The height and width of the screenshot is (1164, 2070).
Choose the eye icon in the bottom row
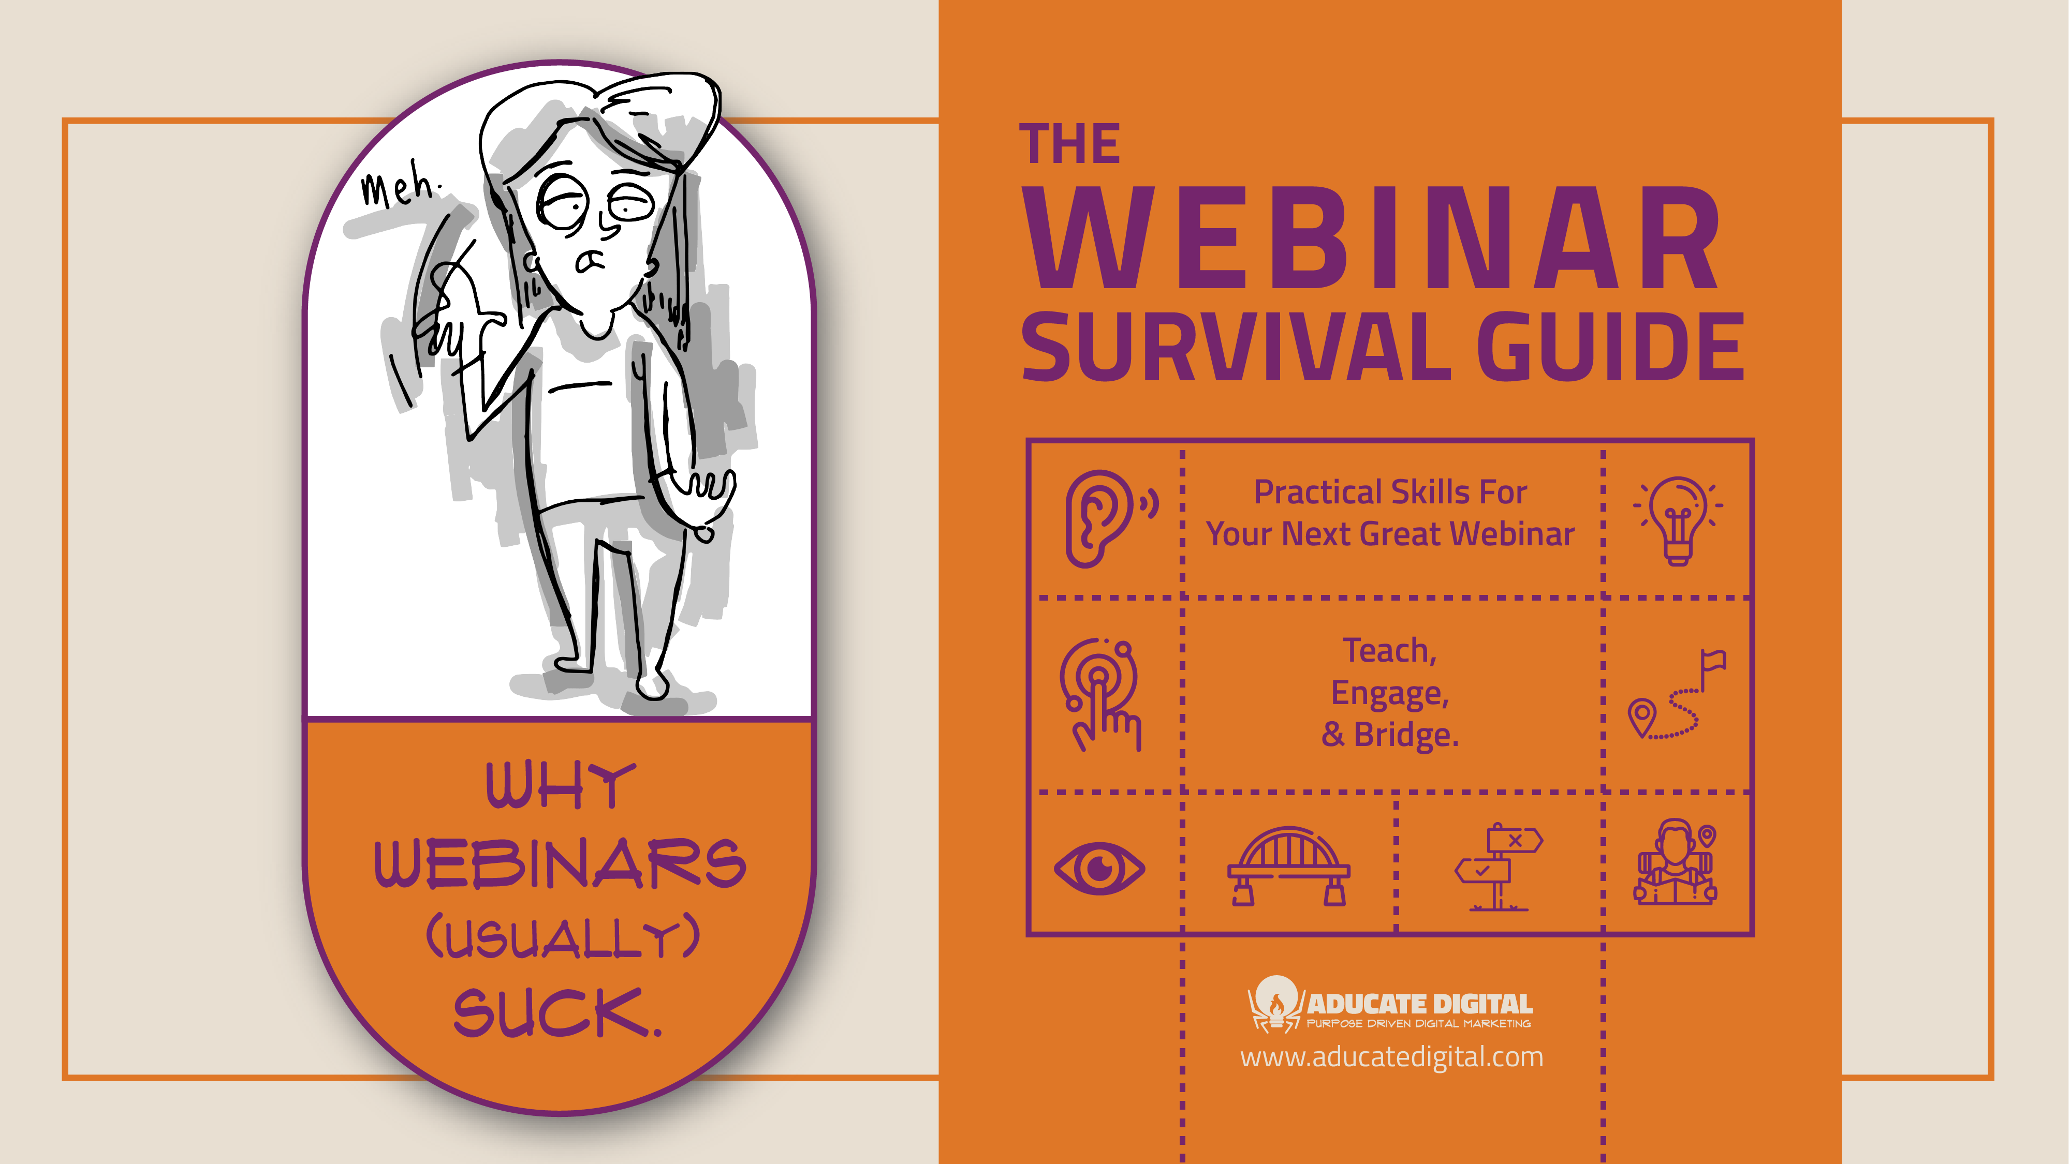[x=1099, y=868]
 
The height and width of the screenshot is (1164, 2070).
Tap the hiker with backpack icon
[x=1676, y=863]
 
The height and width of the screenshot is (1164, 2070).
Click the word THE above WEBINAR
[x=1069, y=145]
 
